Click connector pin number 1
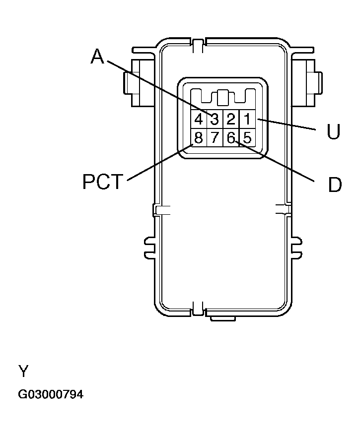(x=247, y=120)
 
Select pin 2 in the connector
(x=231, y=120)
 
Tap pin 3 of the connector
(x=215, y=120)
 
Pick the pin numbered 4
(x=198, y=120)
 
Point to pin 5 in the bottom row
(x=247, y=137)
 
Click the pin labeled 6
(x=231, y=137)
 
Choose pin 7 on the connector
(x=215, y=137)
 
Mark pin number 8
(x=198, y=137)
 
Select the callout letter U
(x=333, y=132)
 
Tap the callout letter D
(x=335, y=185)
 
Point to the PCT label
(x=102, y=182)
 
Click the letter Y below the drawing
(x=23, y=371)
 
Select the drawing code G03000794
(x=51, y=395)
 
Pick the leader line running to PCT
(x=159, y=162)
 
